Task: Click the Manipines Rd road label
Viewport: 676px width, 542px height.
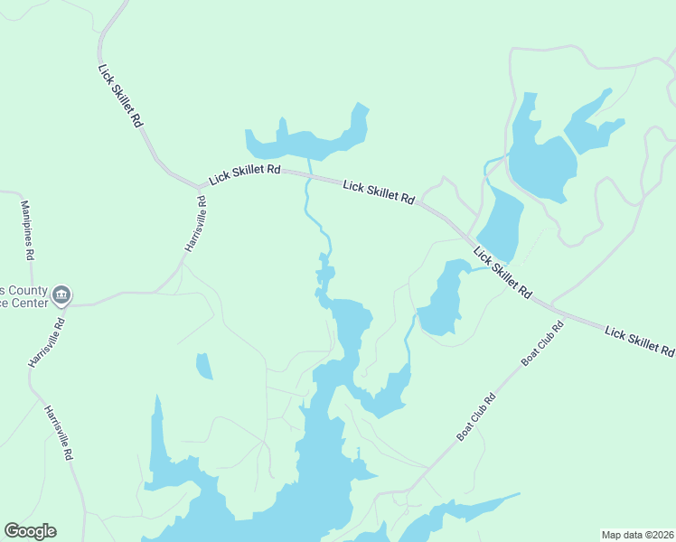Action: coord(27,231)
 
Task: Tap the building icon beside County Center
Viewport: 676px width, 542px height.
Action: coord(61,294)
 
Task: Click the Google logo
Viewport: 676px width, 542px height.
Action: coord(30,531)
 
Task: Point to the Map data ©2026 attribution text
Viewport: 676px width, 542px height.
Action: coord(636,534)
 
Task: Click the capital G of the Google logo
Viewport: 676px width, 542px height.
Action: coord(12,531)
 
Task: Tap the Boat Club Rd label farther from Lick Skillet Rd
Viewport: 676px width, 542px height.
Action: coord(477,416)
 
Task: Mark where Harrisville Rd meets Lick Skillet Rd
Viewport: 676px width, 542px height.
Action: coord(200,187)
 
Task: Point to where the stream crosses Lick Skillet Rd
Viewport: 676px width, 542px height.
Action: coord(310,176)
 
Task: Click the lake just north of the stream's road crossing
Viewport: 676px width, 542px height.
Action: coord(307,140)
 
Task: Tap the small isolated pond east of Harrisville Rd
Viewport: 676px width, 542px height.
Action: coord(204,366)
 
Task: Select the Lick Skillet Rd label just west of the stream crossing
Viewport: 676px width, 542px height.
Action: coord(243,173)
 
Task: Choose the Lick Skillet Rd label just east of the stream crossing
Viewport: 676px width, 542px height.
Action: coord(379,192)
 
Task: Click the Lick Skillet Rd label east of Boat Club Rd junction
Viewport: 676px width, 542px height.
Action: coord(639,341)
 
